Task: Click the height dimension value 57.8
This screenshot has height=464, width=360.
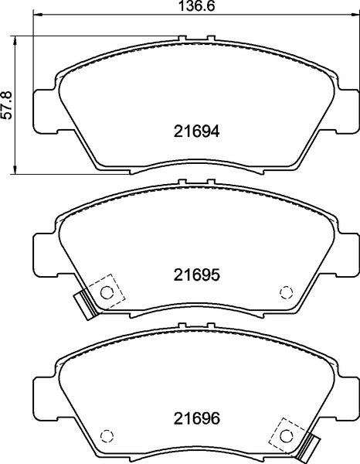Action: pyautogui.click(x=7, y=104)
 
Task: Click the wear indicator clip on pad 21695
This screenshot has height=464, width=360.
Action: pyautogui.click(x=82, y=303)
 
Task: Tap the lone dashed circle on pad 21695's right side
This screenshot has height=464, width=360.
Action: pyautogui.click(x=285, y=292)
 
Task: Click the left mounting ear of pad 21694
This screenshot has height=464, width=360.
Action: pyautogui.click(x=43, y=107)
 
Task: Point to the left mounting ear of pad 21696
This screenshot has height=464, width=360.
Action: pyautogui.click(x=43, y=397)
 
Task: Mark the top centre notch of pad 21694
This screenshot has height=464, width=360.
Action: pyautogui.click(x=194, y=36)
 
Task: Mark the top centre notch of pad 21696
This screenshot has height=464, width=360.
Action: pyautogui.click(x=194, y=326)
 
